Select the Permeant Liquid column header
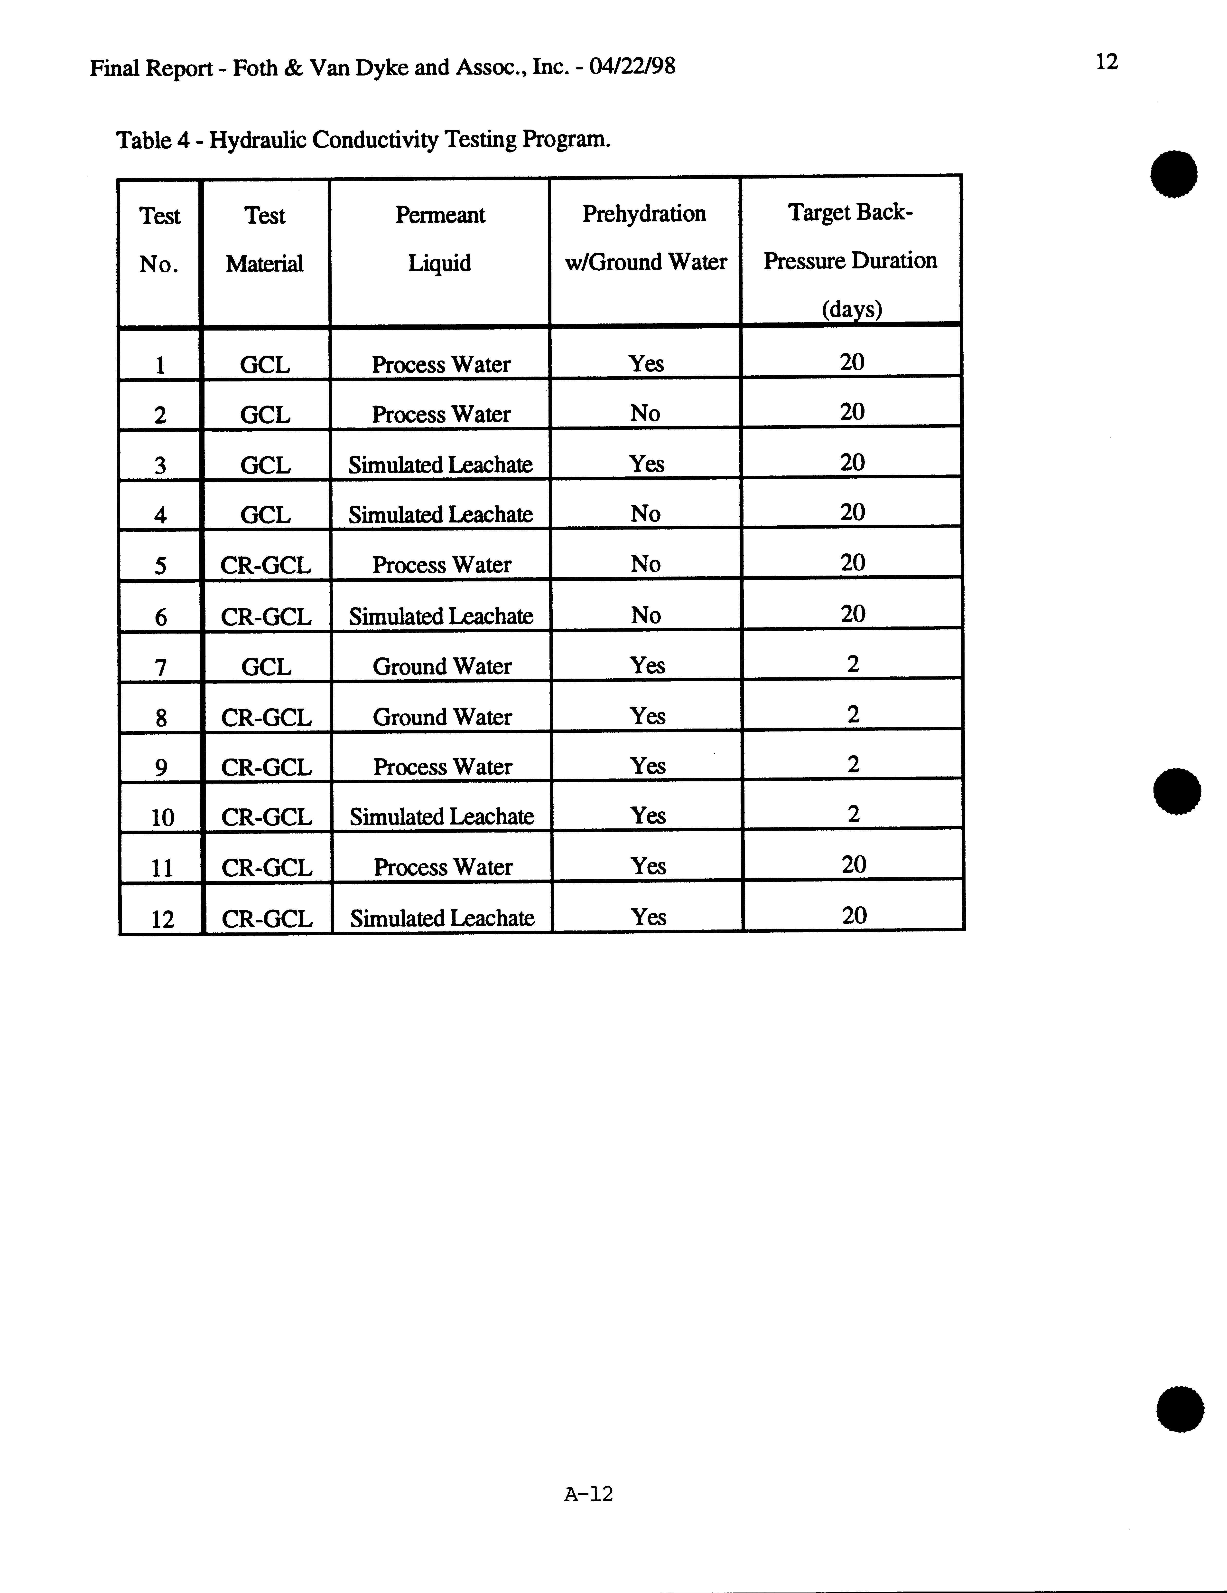(440, 238)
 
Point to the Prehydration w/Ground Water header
(645, 238)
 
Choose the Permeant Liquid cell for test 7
(442, 667)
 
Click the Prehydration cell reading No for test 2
(645, 414)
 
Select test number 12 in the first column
(162, 918)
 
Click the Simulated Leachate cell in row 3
(440, 465)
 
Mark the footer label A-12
(588, 1494)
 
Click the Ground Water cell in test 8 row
(442, 717)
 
